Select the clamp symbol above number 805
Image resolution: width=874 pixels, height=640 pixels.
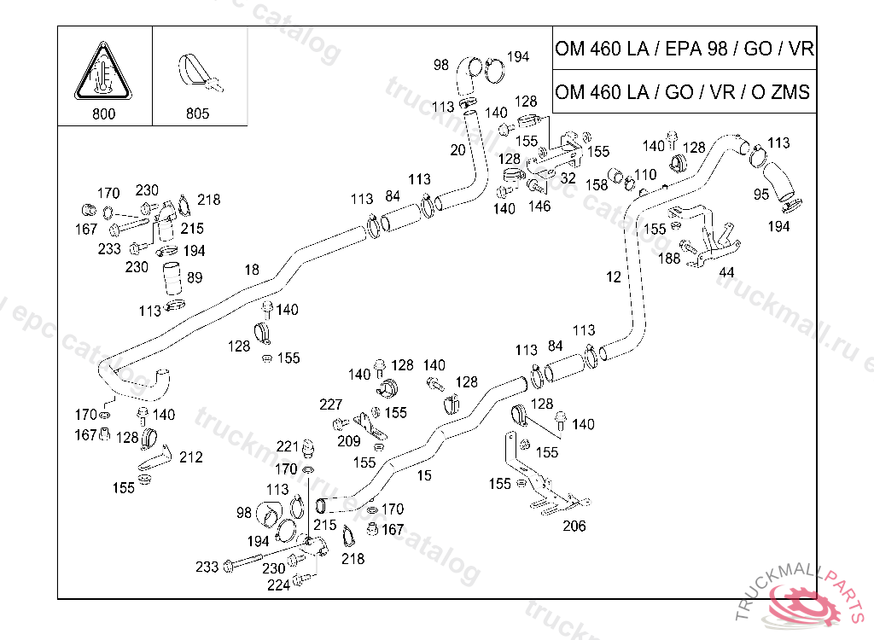pos(200,73)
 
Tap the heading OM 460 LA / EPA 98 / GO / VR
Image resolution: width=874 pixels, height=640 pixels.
pos(684,49)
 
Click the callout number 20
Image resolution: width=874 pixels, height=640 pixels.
pos(457,149)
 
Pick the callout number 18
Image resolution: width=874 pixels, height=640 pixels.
pos(251,270)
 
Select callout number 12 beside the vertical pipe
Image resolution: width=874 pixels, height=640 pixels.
pos(614,276)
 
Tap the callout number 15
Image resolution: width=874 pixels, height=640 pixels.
pos(424,476)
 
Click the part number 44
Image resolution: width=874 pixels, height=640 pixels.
pos(726,272)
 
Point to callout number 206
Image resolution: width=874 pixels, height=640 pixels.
pos(574,526)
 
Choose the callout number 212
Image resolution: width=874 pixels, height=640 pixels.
pos(191,457)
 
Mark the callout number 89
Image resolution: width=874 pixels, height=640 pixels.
pos(195,277)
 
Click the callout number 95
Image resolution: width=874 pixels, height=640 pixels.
pos(761,195)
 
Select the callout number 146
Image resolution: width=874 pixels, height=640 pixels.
pos(539,206)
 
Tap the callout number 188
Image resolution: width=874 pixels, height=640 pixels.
pos(669,258)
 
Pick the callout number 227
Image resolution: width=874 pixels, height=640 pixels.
pos(330,404)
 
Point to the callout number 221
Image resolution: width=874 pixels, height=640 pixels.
pos(288,446)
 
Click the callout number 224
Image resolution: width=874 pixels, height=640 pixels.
pos(278,585)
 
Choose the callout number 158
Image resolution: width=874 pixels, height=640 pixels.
pos(597,185)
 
